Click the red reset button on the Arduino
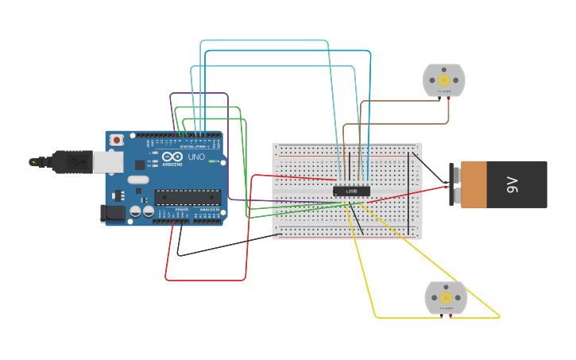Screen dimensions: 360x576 click(117, 140)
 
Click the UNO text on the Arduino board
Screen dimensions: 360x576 click(196, 157)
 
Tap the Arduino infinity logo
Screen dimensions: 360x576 click(172, 157)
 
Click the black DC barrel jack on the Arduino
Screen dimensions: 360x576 click(112, 212)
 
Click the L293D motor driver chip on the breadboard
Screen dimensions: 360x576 click(350, 191)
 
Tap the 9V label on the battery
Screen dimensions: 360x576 click(513, 185)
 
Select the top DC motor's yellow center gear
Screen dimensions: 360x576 click(443, 79)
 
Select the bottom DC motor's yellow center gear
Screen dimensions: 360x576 click(446, 297)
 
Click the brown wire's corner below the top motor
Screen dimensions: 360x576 click(449, 122)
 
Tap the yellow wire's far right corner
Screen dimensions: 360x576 click(500, 317)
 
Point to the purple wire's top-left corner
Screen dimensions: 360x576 click(171, 94)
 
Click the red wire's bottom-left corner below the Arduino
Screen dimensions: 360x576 click(167, 279)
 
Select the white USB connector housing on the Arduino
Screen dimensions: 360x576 click(106, 161)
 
